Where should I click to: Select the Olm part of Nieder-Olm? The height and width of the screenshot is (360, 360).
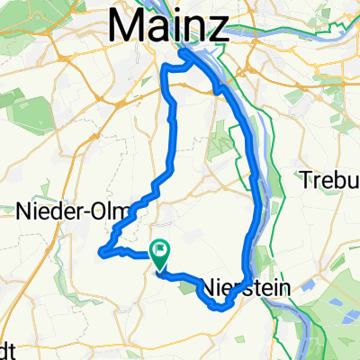click(115, 211)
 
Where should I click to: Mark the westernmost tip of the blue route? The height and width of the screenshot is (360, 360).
click(99, 251)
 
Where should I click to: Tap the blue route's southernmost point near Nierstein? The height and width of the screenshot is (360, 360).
click(219, 308)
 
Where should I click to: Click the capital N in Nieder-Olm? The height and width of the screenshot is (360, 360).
click(24, 211)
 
